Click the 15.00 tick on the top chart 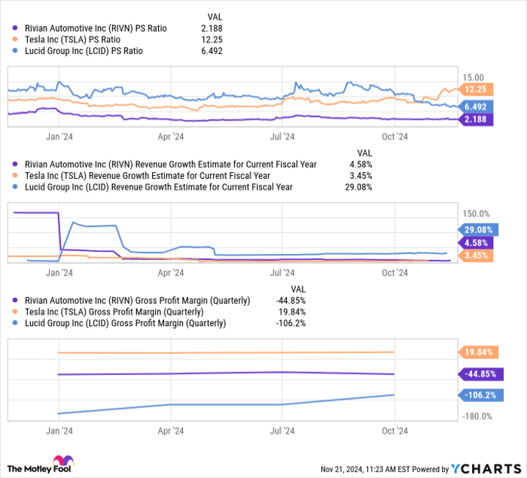474,77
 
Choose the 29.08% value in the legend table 360,186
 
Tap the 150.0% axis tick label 475,213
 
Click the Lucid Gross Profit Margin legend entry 123,323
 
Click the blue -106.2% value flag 478,395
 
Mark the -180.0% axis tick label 477,416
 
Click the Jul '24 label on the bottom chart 281,431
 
